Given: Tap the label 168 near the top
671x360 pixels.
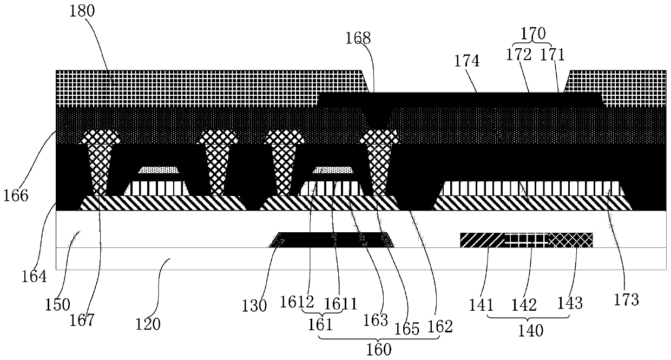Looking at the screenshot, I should (359, 38).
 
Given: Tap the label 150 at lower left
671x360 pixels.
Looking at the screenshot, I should (58, 304).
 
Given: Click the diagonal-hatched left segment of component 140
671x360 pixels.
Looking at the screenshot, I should (482, 240).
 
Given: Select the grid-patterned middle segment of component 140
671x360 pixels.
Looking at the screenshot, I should (527, 240).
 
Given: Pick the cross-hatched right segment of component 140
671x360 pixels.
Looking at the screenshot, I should (571, 240).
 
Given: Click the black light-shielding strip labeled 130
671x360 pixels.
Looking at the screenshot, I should (332, 239).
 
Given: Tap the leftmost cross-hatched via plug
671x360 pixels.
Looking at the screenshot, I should (100, 162).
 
